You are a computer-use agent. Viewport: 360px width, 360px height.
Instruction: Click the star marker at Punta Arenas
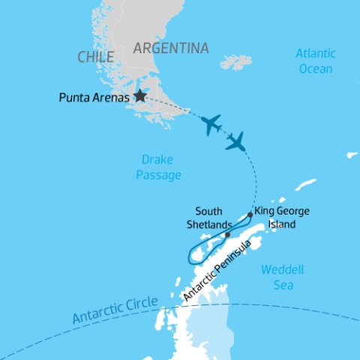coord(139,96)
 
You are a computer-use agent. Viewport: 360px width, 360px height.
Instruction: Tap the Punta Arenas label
coord(93,97)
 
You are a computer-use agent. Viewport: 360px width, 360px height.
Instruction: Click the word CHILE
coord(95,57)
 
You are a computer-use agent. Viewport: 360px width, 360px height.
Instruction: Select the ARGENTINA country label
coord(170,49)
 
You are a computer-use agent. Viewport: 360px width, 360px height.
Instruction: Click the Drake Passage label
coord(161,167)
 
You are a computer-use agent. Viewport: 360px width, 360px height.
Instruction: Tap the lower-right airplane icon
coord(236,141)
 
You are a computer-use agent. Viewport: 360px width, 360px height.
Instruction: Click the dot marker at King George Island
coord(250,214)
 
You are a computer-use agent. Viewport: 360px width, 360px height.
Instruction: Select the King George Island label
coord(282,217)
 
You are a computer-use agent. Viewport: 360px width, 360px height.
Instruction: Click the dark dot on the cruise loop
coord(226,235)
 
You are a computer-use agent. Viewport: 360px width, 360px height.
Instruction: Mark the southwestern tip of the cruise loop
coord(191,259)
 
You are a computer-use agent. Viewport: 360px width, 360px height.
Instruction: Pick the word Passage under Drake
coord(161,175)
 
